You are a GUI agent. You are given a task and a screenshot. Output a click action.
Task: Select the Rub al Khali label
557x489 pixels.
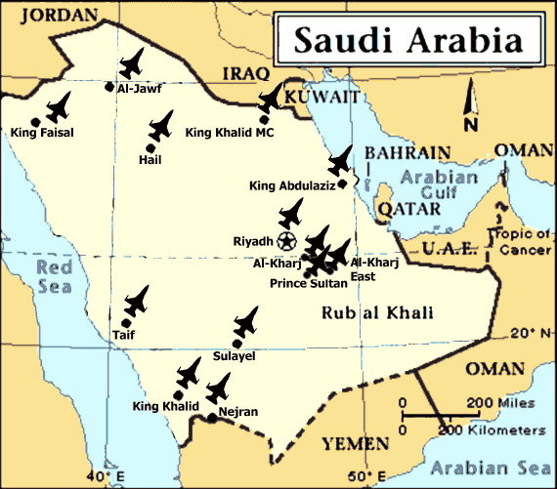coord(377,312)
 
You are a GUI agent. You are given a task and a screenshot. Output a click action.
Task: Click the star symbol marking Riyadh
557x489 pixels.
coord(286,239)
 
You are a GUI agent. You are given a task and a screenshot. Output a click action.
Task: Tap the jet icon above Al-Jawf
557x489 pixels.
coord(130,63)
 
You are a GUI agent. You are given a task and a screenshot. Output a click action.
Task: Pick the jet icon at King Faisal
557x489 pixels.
coord(60,105)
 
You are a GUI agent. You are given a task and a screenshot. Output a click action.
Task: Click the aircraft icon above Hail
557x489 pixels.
coord(160,125)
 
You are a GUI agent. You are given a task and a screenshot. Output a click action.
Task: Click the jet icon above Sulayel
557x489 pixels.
coord(247,322)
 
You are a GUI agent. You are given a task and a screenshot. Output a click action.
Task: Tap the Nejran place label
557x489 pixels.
coord(238,412)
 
